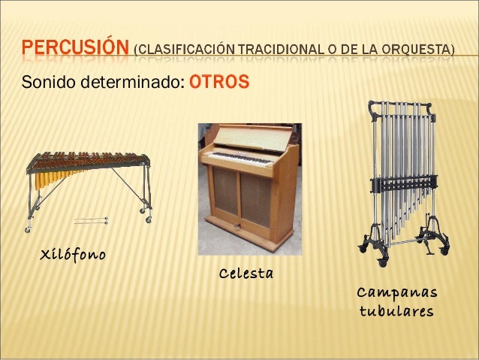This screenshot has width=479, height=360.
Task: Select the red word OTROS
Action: coord(218,80)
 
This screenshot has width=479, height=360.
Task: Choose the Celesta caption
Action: coord(246,272)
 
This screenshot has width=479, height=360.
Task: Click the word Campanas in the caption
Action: coord(396,292)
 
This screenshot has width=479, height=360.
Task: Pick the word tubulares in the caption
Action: coord(396,310)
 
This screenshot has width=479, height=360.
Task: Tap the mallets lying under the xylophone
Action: coord(91,221)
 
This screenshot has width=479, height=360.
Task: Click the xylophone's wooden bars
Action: coord(86,160)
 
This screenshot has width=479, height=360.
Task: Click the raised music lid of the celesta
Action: coord(248,136)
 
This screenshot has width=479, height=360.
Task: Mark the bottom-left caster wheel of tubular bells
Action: coord(384,262)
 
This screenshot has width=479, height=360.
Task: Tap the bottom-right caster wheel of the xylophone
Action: coord(148,219)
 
